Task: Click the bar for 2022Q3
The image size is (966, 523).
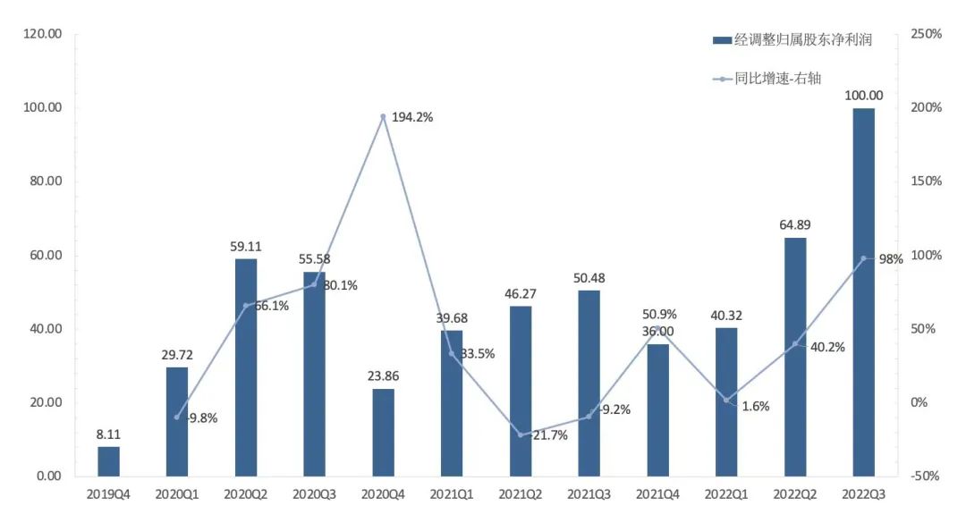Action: coord(863,291)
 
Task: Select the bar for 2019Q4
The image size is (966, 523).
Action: coord(108,460)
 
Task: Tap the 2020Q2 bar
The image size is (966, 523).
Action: coord(246,367)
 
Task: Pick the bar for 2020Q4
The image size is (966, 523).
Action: coord(383,432)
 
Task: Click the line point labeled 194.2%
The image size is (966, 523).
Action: coord(383,117)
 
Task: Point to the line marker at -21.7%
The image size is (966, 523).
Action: coord(521,434)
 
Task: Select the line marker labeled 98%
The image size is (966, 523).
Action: coord(863,258)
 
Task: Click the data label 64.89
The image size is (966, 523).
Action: coord(794,224)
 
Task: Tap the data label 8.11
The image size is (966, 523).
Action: coord(108,434)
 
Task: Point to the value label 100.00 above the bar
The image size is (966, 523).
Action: coord(863,96)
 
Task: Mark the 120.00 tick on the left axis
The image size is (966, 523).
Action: coord(42,34)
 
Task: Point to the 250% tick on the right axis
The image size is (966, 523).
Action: coord(927,34)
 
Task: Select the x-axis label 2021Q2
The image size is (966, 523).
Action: coord(521,493)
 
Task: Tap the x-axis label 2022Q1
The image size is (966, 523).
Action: coord(726,493)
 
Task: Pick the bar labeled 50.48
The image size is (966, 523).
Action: coord(589,383)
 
